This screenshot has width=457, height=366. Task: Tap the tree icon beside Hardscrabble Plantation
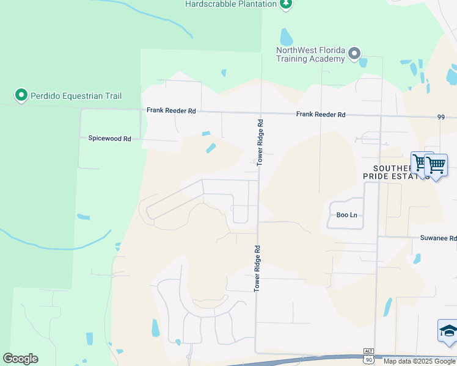[285, 4]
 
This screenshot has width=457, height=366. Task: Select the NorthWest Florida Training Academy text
[310, 54]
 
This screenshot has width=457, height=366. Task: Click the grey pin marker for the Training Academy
[354, 55]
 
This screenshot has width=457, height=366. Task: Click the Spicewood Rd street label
[106, 139]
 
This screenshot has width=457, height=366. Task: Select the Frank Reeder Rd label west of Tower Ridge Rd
[171, 111]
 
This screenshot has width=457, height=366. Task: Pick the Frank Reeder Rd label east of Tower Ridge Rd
[321, 115]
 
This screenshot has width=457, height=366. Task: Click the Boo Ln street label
[346, 215]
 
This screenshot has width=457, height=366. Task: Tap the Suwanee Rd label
[438, 239]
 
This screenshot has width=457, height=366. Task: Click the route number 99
[442, 117]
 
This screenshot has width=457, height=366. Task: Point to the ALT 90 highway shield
[368, 357]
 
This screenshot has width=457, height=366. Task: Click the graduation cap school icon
[448, 332]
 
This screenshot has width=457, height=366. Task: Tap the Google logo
[20, 359]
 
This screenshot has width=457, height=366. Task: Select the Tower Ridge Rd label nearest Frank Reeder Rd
[260, 142]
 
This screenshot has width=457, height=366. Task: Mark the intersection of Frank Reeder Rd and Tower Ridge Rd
[260, 113]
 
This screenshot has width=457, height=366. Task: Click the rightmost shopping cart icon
[436, 165]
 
